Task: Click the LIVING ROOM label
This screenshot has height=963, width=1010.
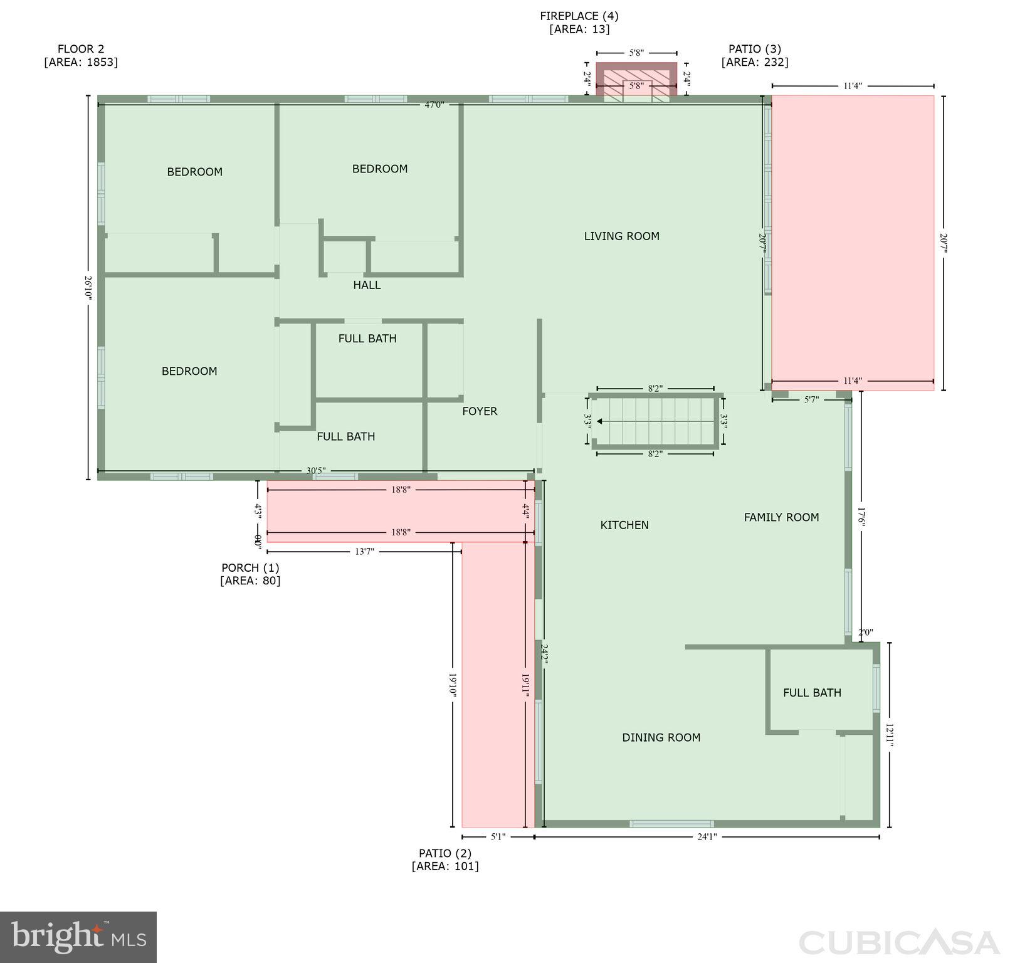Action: (x=621, y=236)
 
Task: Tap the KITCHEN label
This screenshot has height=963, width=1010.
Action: (x=624, y=525)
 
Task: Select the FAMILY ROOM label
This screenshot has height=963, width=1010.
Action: (x=781, y=517)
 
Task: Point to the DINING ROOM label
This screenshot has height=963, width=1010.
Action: (x=661, y=738)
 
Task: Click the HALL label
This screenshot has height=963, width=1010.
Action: (x=367, y=285)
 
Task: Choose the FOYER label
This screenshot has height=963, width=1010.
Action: (x=480, y=411)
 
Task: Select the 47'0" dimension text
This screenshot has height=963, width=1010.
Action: (x=434, y=105)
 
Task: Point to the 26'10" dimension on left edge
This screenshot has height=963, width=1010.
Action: (x=88, y=288)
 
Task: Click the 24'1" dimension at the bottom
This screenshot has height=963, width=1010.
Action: (x=707, y=836)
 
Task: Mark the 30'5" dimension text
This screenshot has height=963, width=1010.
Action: (x=315, y=471)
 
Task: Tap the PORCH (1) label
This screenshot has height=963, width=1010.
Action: (x=250, y=567)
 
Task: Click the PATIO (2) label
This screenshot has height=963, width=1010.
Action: (x=445, y=853)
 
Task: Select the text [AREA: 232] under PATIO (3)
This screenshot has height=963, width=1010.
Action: (x=755, y=62)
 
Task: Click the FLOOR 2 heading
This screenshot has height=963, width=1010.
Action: (x=81, y=49)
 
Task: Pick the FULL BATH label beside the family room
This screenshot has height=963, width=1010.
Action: (x=812, y=693)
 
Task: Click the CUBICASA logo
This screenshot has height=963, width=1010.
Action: (x=899, y=943)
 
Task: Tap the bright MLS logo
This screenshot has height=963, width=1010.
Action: (x=78, y=937)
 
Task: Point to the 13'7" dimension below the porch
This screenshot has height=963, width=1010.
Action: (x=365, y=552)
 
